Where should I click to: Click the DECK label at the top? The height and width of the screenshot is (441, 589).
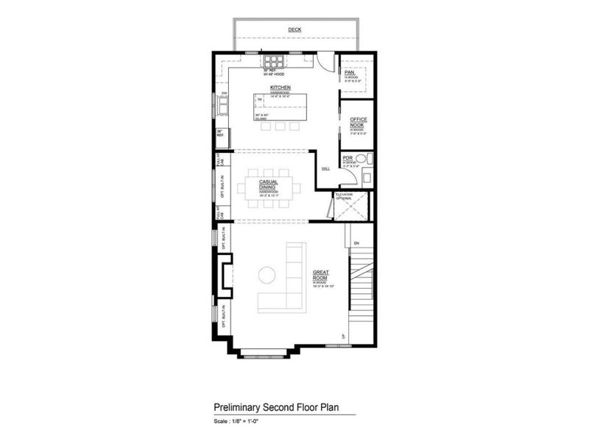pos(294,30)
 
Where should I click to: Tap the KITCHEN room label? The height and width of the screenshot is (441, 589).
pos(280,87)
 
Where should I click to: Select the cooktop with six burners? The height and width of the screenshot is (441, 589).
pos(274,61)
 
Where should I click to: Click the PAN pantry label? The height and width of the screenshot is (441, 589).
pos(350,72)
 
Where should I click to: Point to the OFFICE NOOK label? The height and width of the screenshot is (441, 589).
pos(359,121)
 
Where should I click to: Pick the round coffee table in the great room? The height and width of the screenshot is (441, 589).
pos(266,275)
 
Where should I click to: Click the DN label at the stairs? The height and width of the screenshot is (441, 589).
pos(356,243)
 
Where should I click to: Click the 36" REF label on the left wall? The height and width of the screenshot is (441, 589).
pos(219,133)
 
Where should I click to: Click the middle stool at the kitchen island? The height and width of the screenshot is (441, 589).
pos(280,126)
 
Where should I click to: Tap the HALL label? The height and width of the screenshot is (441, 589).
pos(325,169)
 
